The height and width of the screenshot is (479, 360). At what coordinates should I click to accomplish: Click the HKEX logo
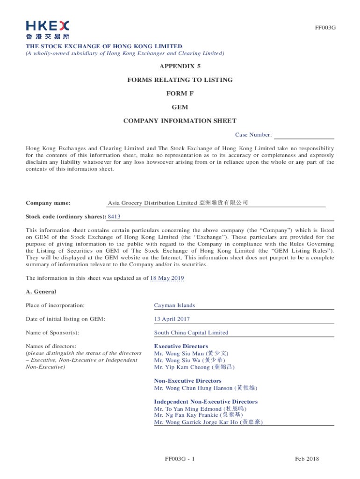point(48,29)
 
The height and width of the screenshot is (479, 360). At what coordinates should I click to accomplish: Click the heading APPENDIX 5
point(180,66)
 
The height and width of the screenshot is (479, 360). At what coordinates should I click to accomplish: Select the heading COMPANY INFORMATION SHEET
point(180,121)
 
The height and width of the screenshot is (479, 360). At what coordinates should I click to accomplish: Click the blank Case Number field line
point(304,135)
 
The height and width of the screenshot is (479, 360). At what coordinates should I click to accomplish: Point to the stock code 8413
point(115,217)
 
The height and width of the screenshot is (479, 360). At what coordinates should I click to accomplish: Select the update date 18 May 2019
point(167,278)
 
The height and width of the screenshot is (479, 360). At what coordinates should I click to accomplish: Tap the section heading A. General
point(41,292)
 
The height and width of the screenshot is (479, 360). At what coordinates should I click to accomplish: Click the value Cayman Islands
point(174,305)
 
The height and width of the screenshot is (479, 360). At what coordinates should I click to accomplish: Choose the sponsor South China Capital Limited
point(191,333)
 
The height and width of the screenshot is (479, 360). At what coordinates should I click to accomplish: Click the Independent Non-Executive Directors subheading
point(206,402)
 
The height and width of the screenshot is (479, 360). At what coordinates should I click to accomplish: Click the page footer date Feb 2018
point(307,459)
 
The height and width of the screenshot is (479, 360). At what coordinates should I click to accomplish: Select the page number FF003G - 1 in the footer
point(180,459)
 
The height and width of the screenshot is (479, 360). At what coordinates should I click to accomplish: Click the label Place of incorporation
point(55,305)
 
